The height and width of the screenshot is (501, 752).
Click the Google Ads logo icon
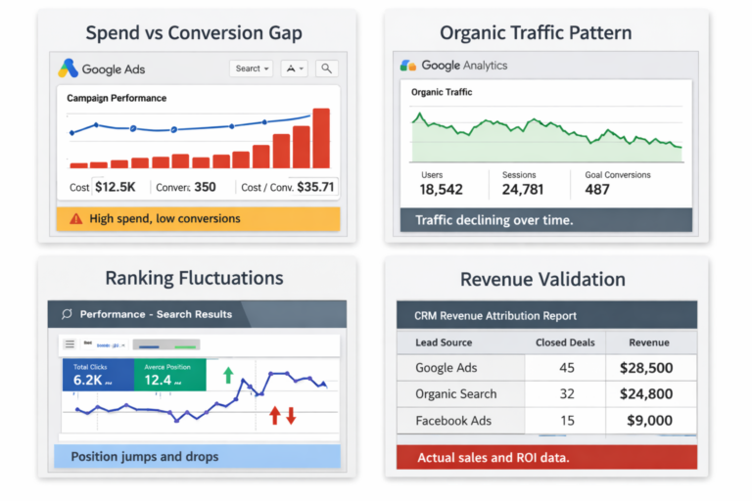coord(68,68)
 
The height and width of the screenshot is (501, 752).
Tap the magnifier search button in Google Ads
coord(326,68)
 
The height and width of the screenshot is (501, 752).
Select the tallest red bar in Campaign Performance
coord(321,138)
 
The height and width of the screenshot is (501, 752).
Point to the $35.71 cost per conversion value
coord(315,187)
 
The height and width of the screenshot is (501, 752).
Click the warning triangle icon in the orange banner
coord(75,219)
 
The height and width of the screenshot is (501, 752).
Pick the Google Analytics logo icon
coord(408,66)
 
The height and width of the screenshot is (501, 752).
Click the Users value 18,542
coord(441,190)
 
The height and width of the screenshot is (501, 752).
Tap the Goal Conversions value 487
coord(597,190)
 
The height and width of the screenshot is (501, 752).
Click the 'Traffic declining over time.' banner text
coord(494,220)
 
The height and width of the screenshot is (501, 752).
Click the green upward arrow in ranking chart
coord(229,375)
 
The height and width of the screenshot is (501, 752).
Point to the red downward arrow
coord(291,416)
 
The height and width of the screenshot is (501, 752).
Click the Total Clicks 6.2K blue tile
coord(96,375)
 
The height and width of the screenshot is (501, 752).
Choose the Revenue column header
coord(649,342)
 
